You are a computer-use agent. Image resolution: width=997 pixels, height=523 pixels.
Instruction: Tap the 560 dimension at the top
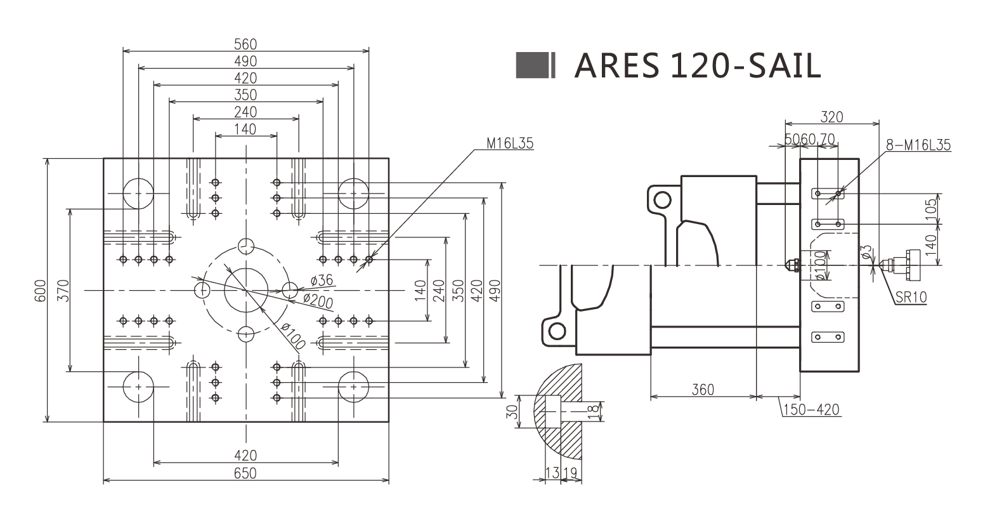(245, 44)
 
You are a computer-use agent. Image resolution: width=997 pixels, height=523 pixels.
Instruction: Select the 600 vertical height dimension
(40, 290)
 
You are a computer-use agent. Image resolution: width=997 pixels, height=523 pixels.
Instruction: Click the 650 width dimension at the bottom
(245, 473)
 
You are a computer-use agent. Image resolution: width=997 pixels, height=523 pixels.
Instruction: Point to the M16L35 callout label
(510, 143)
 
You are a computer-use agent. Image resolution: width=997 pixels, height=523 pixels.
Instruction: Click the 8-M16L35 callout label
(918, 145)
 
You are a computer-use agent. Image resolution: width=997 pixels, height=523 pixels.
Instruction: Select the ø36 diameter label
(322, 281)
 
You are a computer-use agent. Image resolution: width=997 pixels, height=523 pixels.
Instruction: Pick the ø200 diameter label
(318, 300)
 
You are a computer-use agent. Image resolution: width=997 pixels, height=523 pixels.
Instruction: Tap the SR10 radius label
(911, 296)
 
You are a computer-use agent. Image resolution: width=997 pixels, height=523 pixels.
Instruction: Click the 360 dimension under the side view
(703, 389)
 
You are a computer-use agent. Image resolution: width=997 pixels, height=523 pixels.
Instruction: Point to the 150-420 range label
(811, 409)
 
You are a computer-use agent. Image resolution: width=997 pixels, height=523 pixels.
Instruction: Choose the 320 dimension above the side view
(831, 117)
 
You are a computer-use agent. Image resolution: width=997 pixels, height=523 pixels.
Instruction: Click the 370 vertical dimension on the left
(62, 290)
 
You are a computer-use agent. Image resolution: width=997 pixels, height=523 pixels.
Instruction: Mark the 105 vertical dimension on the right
(930, 209)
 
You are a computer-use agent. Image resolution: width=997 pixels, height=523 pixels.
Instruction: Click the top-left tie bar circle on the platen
(138, 193)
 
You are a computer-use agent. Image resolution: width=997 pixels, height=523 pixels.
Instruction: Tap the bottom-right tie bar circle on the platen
(353, 387)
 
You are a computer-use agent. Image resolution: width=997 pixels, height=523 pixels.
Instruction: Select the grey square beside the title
(531, 65)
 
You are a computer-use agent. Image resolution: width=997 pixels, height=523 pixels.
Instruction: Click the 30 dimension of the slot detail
(513, 411)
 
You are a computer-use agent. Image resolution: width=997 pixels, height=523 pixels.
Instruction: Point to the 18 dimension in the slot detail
(593, 411)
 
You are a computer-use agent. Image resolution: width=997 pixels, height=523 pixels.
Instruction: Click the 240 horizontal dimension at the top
(245, 112)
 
